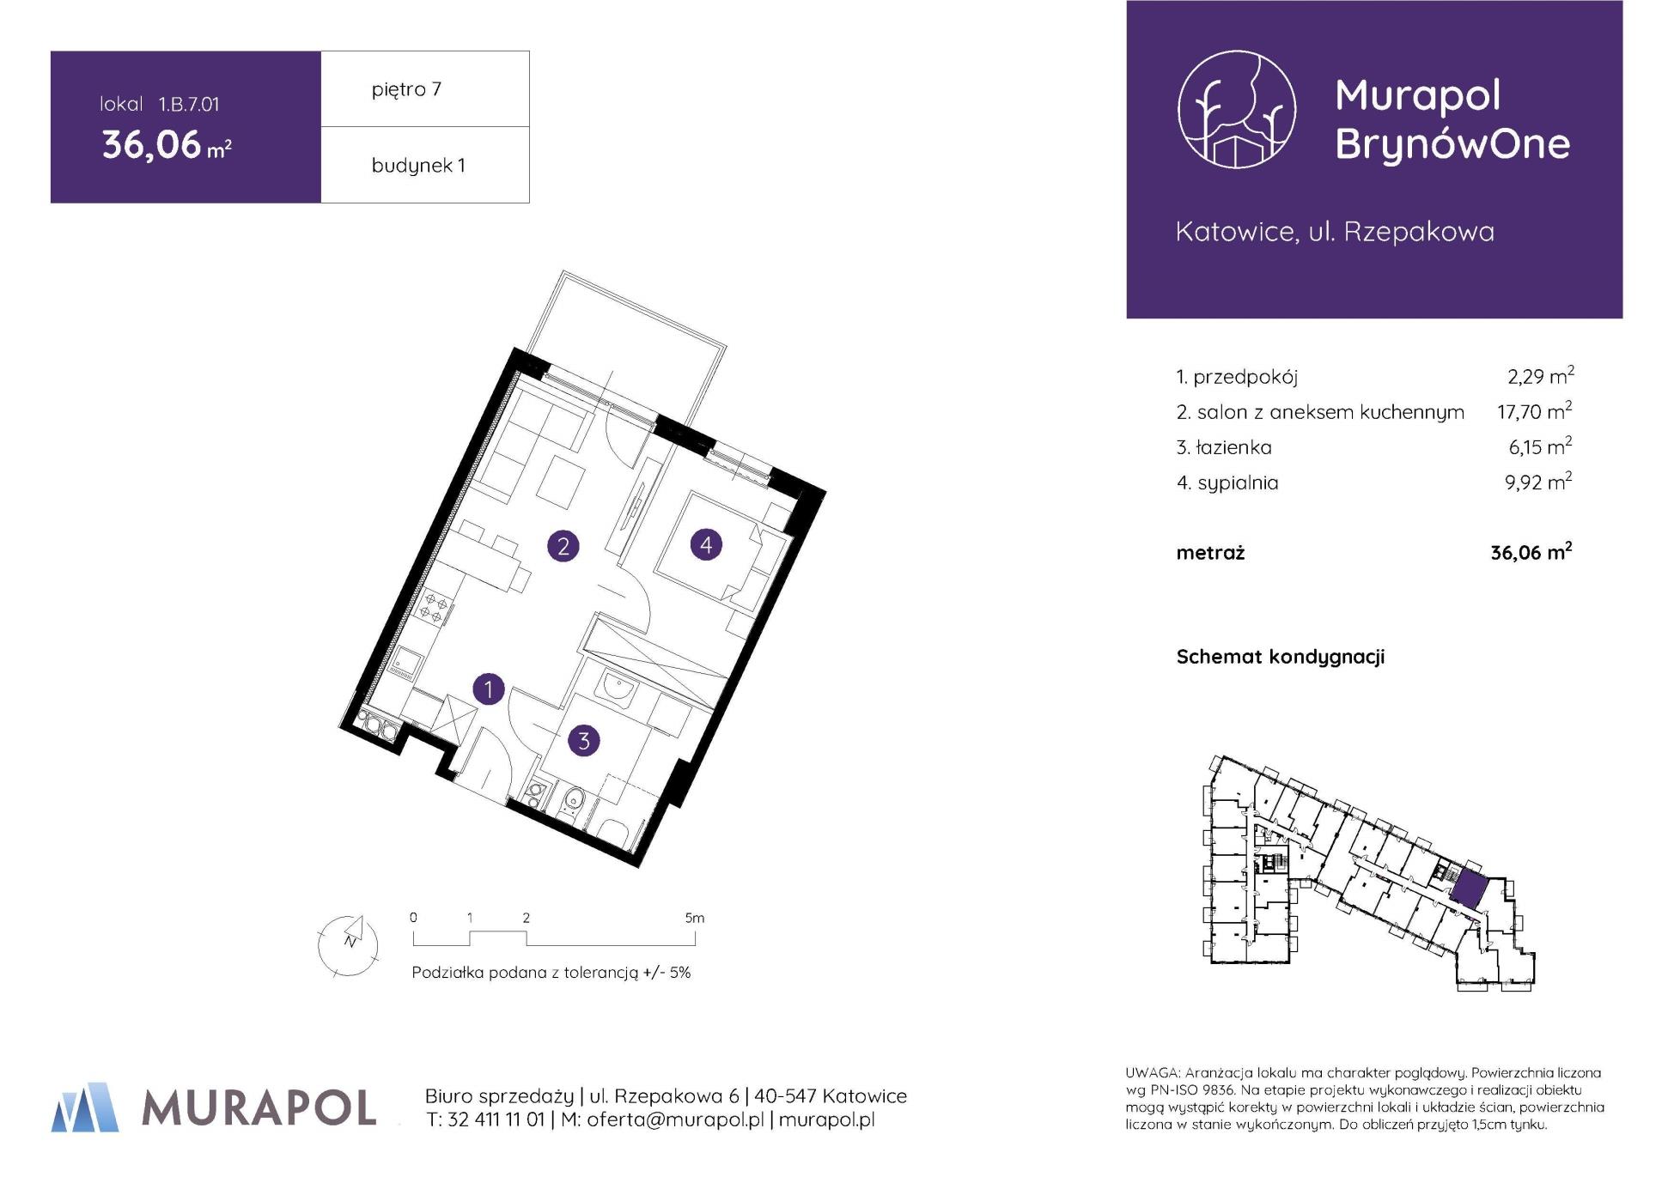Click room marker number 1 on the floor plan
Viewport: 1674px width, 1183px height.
tap(489, 689)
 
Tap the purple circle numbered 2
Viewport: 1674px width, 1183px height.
tap(563, 546)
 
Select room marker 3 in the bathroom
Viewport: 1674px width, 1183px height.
tap(584, 740)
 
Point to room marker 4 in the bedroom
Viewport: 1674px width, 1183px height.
tap(706, 544)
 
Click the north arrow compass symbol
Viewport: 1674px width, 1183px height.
tap(348, 944)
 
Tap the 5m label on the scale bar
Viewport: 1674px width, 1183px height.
tap(694, 918)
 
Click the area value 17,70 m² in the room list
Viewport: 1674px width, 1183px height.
tap(1534, 410)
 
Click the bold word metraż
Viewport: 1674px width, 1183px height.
tap(1210, 553)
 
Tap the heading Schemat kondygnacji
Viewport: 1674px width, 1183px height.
tap(1280, 657)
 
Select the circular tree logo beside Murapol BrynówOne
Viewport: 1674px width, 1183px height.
tap(1236, 109)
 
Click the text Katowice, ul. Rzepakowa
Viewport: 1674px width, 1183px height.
tap(1335, 232)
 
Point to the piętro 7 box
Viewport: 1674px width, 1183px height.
tap(425, 89)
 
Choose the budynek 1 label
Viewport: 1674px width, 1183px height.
tap(418, 166)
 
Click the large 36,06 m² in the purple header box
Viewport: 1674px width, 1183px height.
tap(167, 144)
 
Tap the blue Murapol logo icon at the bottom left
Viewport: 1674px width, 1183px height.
tap(85, 1107)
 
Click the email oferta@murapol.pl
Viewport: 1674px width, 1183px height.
tap(675, 1119)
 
